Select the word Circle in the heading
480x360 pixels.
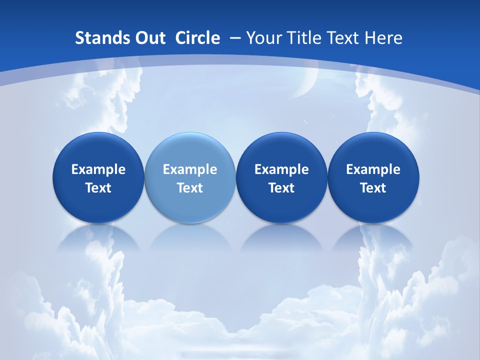point(197,38)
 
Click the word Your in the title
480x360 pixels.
point(262,38)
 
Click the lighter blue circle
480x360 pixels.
point(190,177)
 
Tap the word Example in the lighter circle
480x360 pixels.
point(190,169)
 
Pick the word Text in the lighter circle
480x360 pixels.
point(190,188)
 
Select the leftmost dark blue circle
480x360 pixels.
point(98,177)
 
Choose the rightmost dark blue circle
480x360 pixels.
point(373,177)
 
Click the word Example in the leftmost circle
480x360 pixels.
point(98,169)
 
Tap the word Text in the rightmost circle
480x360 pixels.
point(373,188)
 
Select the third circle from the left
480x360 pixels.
point(281,177)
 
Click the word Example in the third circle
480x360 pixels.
point(281,169)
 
